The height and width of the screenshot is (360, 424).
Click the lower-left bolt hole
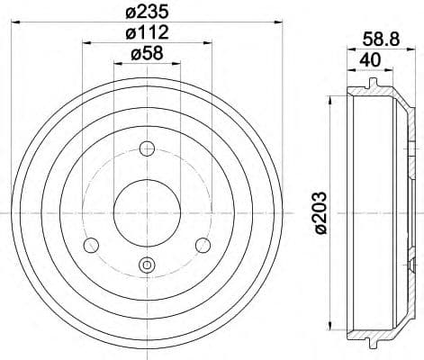click(x=90, y=245)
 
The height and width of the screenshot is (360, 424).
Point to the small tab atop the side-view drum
click(x=372, y=83)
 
